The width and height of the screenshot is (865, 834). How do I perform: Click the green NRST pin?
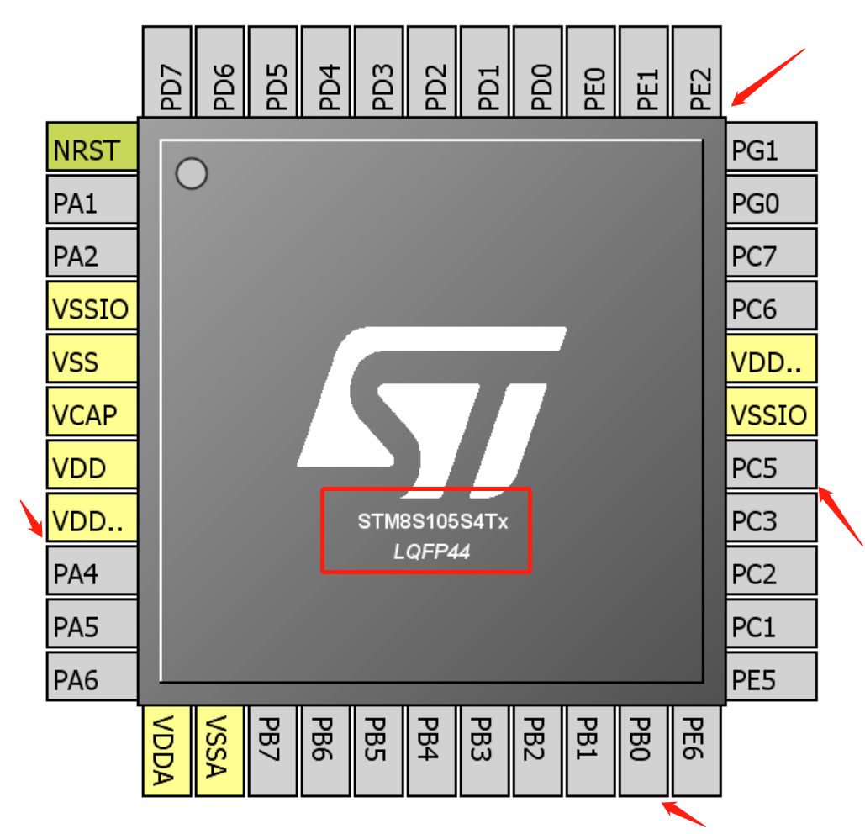tap(92, 150)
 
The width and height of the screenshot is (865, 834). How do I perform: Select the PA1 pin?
tap(92, 203)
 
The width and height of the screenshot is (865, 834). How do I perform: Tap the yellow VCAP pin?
tap(92, 414)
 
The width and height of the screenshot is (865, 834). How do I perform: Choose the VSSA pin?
tap(219, 750)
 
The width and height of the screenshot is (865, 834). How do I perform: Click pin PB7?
tap(272, 750)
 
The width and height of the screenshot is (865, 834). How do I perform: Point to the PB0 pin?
tap(643, 750)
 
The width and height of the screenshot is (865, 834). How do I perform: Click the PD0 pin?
tap(538, 71)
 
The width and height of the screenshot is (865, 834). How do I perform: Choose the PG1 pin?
tap(770, 150)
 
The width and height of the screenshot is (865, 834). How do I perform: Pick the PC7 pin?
tap(770, 256)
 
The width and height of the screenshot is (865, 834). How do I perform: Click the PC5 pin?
tap(770, 467)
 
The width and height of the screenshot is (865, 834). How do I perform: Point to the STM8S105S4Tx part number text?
tap(433, 522)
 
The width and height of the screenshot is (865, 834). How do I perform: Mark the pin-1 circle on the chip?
tap(192, 174)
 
